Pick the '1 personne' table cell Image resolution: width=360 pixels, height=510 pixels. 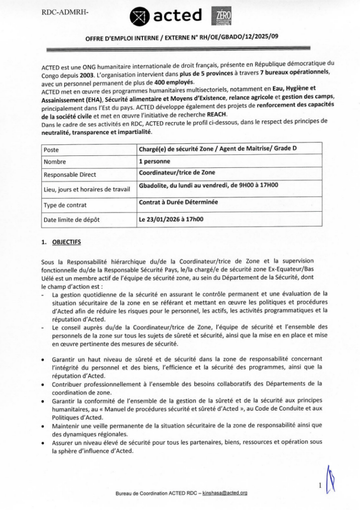click(154, 161)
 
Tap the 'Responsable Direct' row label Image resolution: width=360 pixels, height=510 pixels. click(70, 175)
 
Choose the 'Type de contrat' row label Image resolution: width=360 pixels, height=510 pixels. click(65, 205)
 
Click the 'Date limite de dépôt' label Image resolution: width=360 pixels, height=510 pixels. click(73, 220)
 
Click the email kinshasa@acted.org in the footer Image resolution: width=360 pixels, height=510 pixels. click(223, 493)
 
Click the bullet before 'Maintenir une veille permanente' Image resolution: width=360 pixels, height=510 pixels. click(46, 426)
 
